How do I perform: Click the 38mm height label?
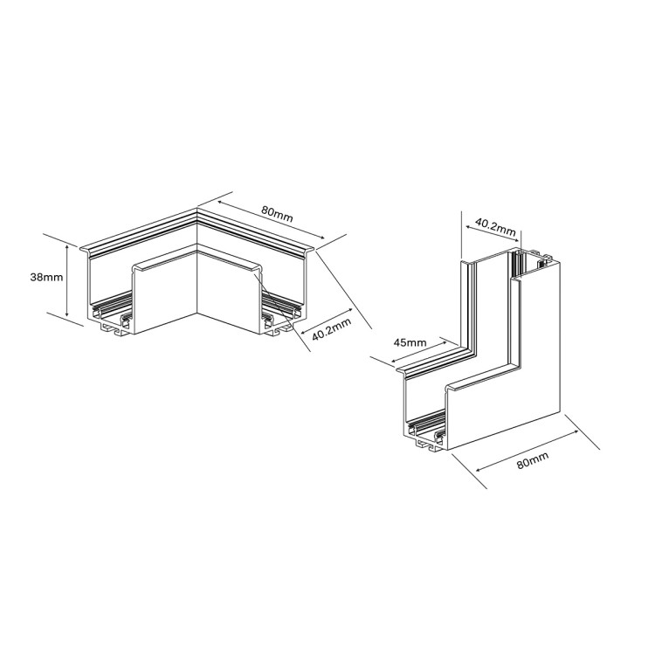pos(45,278)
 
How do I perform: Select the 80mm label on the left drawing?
pos(277,212)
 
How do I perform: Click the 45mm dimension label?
pos(410,342)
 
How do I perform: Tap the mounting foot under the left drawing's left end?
pos(113,330)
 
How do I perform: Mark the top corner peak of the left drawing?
pos(198,210)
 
